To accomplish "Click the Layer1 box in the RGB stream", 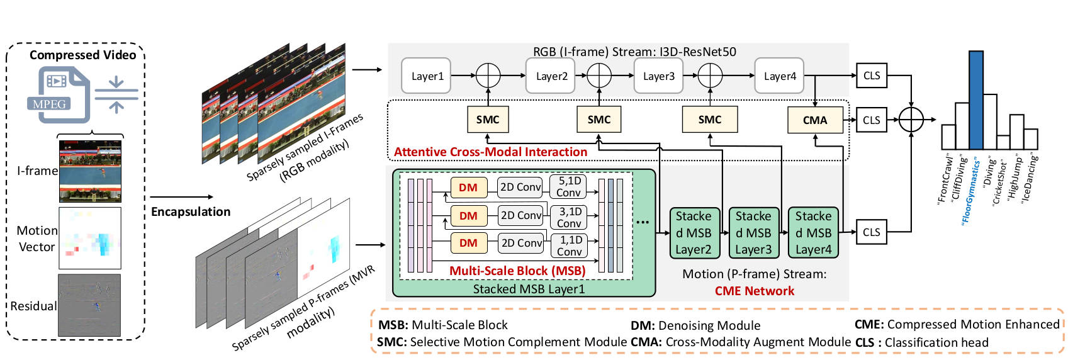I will [x=427, y=76].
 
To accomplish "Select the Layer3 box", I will [x=658, y=76].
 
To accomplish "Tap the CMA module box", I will [x=815, y=120].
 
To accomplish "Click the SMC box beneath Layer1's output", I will [x=488, y=120].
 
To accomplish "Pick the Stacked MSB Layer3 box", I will [x=753, y=233].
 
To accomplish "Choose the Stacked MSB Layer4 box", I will [x=813, y=233].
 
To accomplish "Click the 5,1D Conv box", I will [x=568, y=187].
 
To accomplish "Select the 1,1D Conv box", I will [x=570, y=245].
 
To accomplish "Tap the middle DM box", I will [x=468, y=216].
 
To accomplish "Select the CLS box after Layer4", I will [x=872, y=76].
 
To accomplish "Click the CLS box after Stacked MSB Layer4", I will [x=872, y=232].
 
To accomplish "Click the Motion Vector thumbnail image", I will [x=90, y=239].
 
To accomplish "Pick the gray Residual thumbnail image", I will [x=89, y=305].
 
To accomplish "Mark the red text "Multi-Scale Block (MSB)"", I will [x=517, y=271].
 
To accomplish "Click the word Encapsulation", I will [x=191, y=211].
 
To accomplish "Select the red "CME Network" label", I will [x=754, y=291].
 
